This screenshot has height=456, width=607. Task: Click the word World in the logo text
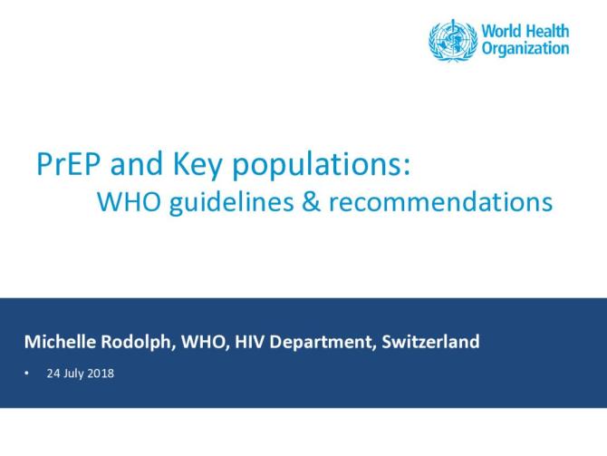tap(501, 31)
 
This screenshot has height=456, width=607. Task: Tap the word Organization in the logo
tap(525, 49)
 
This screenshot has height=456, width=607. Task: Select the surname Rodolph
tap(135, 343)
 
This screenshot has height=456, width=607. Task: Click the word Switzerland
tap(430, 343)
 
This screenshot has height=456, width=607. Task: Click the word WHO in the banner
tap(204, 343)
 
